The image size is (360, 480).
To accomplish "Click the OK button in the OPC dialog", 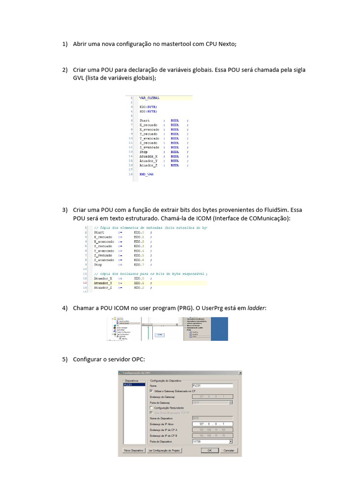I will tap(210, 450).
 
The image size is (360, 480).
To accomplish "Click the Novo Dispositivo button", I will tap(133, 450).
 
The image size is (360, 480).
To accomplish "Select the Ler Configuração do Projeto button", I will tap(165, 450).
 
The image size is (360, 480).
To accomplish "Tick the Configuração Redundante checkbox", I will tap(151, 408).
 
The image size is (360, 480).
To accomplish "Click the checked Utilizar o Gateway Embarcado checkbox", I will tap(151, 391).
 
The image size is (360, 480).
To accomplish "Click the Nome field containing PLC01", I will tap(212, 386).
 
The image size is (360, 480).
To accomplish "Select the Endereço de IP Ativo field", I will tap(212, 424).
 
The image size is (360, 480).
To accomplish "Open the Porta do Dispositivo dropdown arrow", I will tap(231, 442).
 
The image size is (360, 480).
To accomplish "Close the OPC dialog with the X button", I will tap(240, 373).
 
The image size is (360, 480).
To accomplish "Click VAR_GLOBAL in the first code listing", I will tap(150, 98).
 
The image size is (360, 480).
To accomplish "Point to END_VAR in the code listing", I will tap(146, 174).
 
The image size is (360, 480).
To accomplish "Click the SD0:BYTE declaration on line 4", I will tap(148, 112).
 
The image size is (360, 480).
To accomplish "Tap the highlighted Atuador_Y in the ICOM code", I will tap(103, 283).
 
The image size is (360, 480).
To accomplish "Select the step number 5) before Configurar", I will tap(65, 359).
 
